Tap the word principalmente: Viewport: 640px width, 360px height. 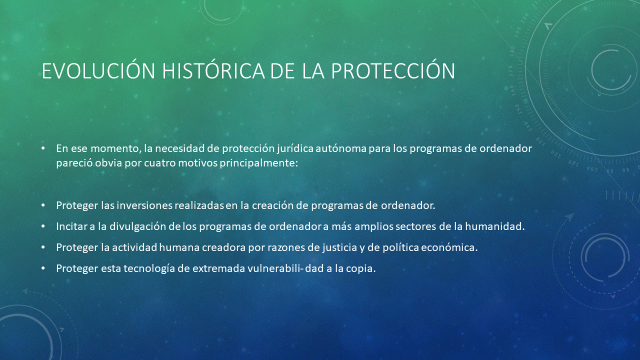coord(259,163)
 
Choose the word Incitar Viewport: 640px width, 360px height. coord(71,226)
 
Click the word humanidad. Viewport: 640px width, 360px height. coord(495,226)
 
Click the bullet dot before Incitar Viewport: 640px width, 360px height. coord(43,226)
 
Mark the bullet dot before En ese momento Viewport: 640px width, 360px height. coord(43,148)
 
